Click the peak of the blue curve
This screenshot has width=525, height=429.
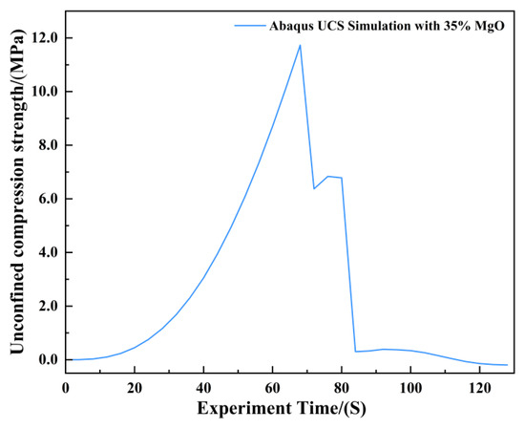(300, 45)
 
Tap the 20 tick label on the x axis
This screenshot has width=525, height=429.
(135, 389)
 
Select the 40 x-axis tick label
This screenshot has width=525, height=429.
(203, 389)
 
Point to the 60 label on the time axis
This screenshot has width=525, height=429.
(273, 389)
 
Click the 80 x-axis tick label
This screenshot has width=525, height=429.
(342, 389)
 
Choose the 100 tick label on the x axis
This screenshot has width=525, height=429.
(410, 389)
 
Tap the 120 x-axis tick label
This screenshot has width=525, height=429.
(479, 389)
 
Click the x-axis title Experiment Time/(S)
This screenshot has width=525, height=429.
(282, 409)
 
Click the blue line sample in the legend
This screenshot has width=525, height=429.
(250, 26)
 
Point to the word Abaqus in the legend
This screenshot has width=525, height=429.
(289, 26)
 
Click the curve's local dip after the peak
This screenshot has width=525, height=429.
(314, 188)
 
